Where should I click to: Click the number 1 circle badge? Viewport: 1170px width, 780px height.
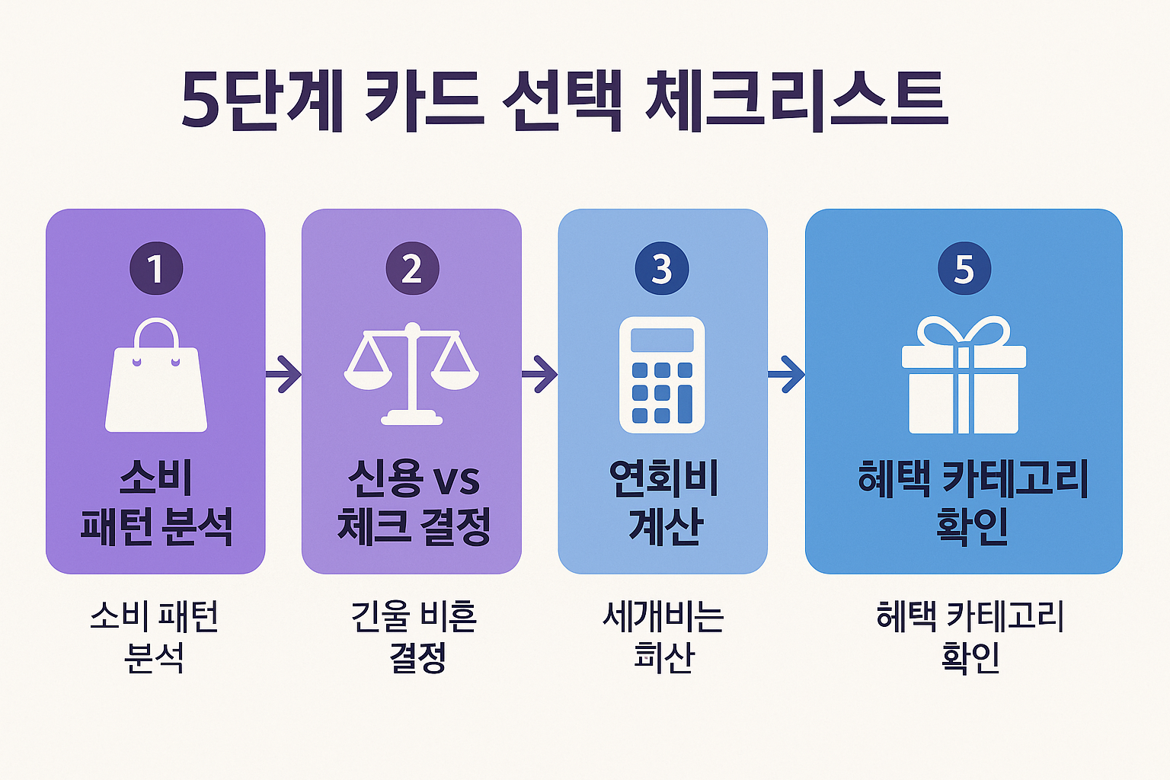[156, 268]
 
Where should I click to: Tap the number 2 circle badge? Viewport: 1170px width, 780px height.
[412, 268]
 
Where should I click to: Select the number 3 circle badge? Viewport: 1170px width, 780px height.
[662, 268]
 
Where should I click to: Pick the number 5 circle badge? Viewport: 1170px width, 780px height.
[964, 268]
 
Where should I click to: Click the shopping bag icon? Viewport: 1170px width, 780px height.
[156, 381]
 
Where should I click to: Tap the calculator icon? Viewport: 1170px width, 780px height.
[662, 375]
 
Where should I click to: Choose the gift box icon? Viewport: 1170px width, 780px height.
[964, 381]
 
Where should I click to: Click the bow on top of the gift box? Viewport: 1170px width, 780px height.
[964, 332]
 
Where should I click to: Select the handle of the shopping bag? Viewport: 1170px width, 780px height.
[156, 333]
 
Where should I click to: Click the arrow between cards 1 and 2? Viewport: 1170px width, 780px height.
[284, 374]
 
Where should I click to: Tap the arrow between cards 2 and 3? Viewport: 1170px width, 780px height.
[540, 374]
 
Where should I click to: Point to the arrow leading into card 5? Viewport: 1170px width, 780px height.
[786, 374]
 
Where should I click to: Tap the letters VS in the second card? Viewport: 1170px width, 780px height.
[456, 481]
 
